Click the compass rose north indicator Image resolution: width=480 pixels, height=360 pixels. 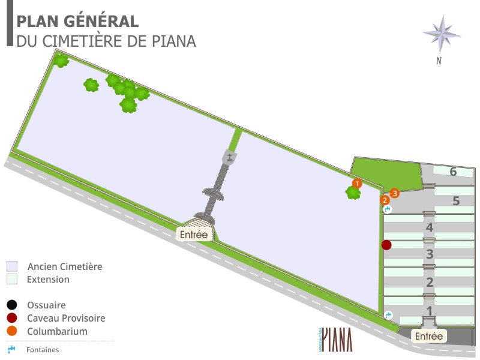click(x=441, y=35)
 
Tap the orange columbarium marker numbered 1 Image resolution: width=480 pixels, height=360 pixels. click(x=356, y=183)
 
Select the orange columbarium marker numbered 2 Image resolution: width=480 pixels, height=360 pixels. click(x=385, y=200)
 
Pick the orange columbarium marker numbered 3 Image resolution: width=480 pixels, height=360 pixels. click(x=395, y=193)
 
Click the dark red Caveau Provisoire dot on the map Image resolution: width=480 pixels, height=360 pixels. click(x=386, y=245)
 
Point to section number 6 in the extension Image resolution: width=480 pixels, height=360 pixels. click(x=453, y=172)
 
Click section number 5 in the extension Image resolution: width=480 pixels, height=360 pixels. click(x=456, y=201)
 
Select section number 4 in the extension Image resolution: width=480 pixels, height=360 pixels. click(x=429, y=227)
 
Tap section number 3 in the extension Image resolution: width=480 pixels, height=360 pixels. click(x=430, y=254)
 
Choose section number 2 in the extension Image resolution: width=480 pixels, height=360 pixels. click(x=430, y=283)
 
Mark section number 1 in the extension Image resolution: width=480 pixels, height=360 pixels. click(x=429, y=311)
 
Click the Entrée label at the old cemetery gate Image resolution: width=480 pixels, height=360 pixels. click(x=194, y=235)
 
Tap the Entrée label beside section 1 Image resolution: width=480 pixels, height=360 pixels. click(x=429, y=336)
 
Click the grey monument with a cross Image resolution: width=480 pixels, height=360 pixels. click(x=230, y=158)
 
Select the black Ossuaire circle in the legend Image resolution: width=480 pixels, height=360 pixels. click(x=12, y=305)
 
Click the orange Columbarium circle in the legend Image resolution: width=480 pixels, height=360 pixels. click(x=12, y=331)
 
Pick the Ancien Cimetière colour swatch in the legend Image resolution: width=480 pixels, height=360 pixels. click(x=12, y=266)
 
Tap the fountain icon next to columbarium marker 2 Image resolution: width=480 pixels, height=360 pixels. click(x=388, y=209)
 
